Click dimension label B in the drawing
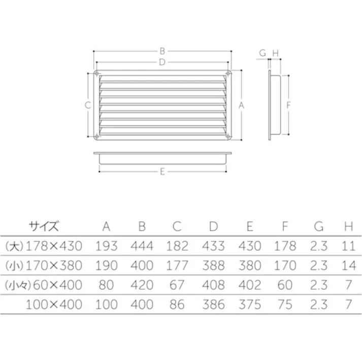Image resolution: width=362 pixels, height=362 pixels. point(162,51)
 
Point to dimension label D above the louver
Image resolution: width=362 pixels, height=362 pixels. point(162,62)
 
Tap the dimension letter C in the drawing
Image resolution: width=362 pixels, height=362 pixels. point(87,105)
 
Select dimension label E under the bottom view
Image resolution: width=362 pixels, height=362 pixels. point(162,172)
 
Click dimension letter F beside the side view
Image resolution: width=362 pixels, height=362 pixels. point(288,105)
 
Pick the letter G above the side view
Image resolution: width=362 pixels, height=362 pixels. point(262,52)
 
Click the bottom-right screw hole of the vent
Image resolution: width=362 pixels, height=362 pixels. point(228,136)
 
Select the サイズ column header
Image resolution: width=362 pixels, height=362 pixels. point(44,225)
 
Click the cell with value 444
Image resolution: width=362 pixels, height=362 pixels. point(142,246)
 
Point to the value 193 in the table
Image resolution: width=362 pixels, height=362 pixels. point(106,246)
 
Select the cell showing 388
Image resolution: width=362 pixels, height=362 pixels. point(213,266)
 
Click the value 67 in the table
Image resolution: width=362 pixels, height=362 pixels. point(177,285)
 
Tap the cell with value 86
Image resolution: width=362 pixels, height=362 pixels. point(177,305)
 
